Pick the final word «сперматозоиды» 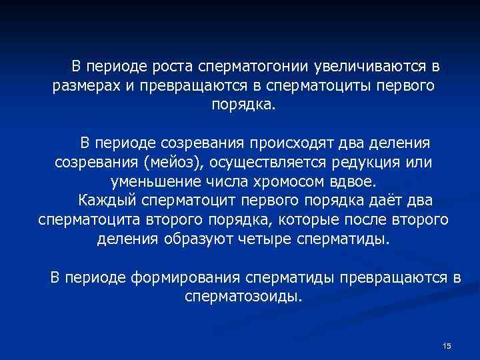coord(242,295)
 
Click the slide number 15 coord(447,345)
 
